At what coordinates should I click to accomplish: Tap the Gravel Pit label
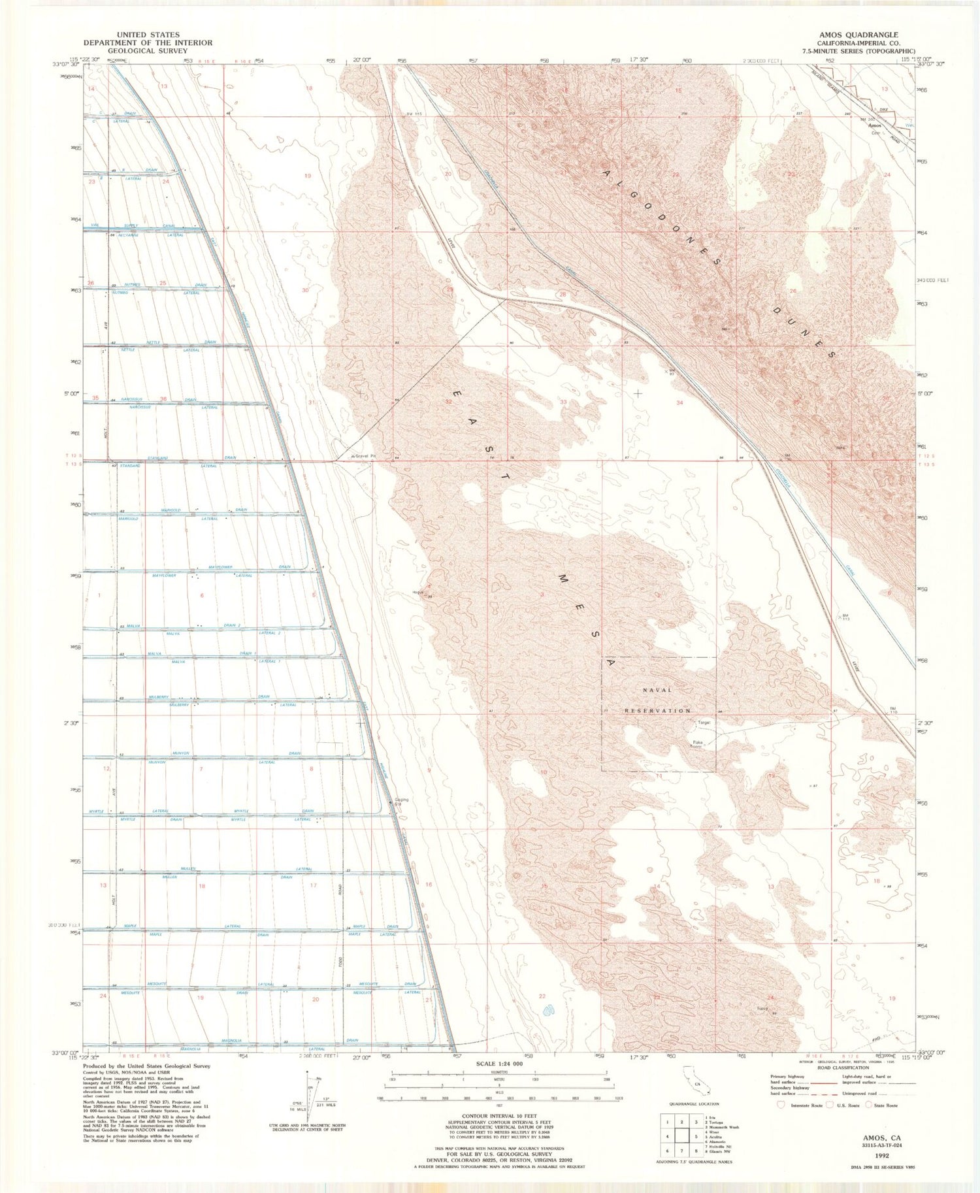pos(366,455)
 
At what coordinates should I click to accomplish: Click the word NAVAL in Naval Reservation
pos(657,690)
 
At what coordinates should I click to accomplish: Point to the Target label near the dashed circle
pos(704,723)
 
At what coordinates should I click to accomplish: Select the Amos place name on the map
pos(875,125)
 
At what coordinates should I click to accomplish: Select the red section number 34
pos(680,403)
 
